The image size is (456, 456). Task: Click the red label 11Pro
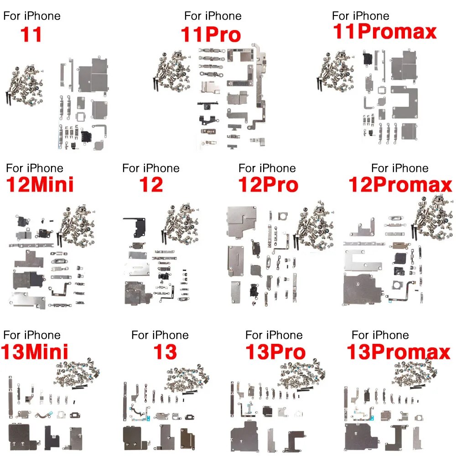pos(211,35)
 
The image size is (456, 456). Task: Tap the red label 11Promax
pos(384,32)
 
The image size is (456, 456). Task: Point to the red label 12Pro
pos(268,185)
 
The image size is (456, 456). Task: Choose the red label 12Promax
pos(400,185)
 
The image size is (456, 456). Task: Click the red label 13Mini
pos(35,352)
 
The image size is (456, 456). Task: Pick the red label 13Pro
pos(275,352)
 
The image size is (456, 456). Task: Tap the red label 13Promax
pos(398,352)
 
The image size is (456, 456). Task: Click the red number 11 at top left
pos(31,35)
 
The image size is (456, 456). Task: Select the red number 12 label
pos(151,185)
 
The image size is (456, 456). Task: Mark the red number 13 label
pos(165,352)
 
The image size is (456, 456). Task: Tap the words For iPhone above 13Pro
pos(274,335)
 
